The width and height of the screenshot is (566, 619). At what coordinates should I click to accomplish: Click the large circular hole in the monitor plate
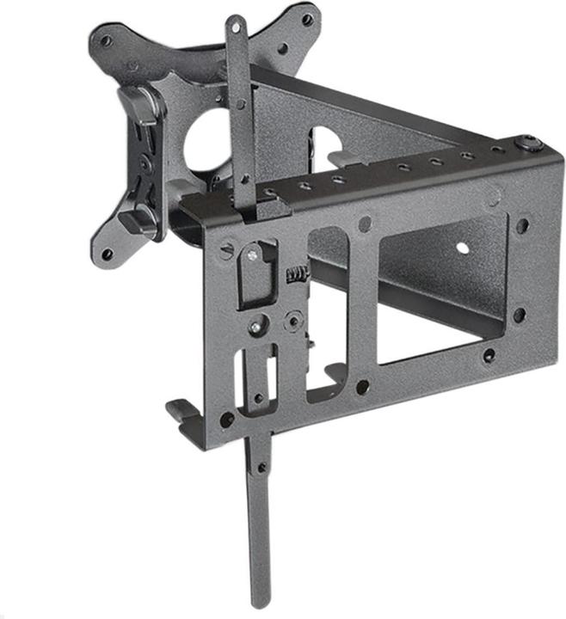pyautogui.click(x=207, y=138)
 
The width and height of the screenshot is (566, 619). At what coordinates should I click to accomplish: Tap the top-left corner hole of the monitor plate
pyautogui.click(x=105, y=40)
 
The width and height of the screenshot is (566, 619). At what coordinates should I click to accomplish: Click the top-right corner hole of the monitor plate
pyautogui.click(x=306, y=19)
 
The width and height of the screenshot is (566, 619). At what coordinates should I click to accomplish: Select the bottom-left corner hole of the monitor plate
pyautogui.click(x=107, y=254)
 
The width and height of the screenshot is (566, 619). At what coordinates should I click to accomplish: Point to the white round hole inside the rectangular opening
pyautogui.click(x=463, y=248)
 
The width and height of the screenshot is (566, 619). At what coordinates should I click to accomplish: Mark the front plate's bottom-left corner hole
pyautogui.click(x=227, y=420)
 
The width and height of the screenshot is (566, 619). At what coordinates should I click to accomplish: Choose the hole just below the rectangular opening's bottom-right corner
pyautogui.click(x=489, y=354)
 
